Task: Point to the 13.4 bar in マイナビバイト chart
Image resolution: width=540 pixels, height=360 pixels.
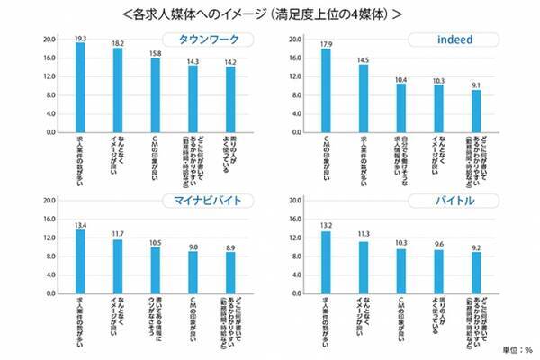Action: (x=80, y=262)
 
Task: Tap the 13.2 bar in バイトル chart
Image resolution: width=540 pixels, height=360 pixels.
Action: (x=326, y=263)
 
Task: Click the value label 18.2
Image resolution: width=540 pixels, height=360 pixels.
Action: (x=117, y=42)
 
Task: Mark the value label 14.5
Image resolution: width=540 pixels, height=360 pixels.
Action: (x=363, y=59)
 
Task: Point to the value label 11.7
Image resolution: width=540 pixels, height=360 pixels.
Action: (x=117, y=233)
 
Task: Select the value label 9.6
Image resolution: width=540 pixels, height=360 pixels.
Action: (x=437, y=244)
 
